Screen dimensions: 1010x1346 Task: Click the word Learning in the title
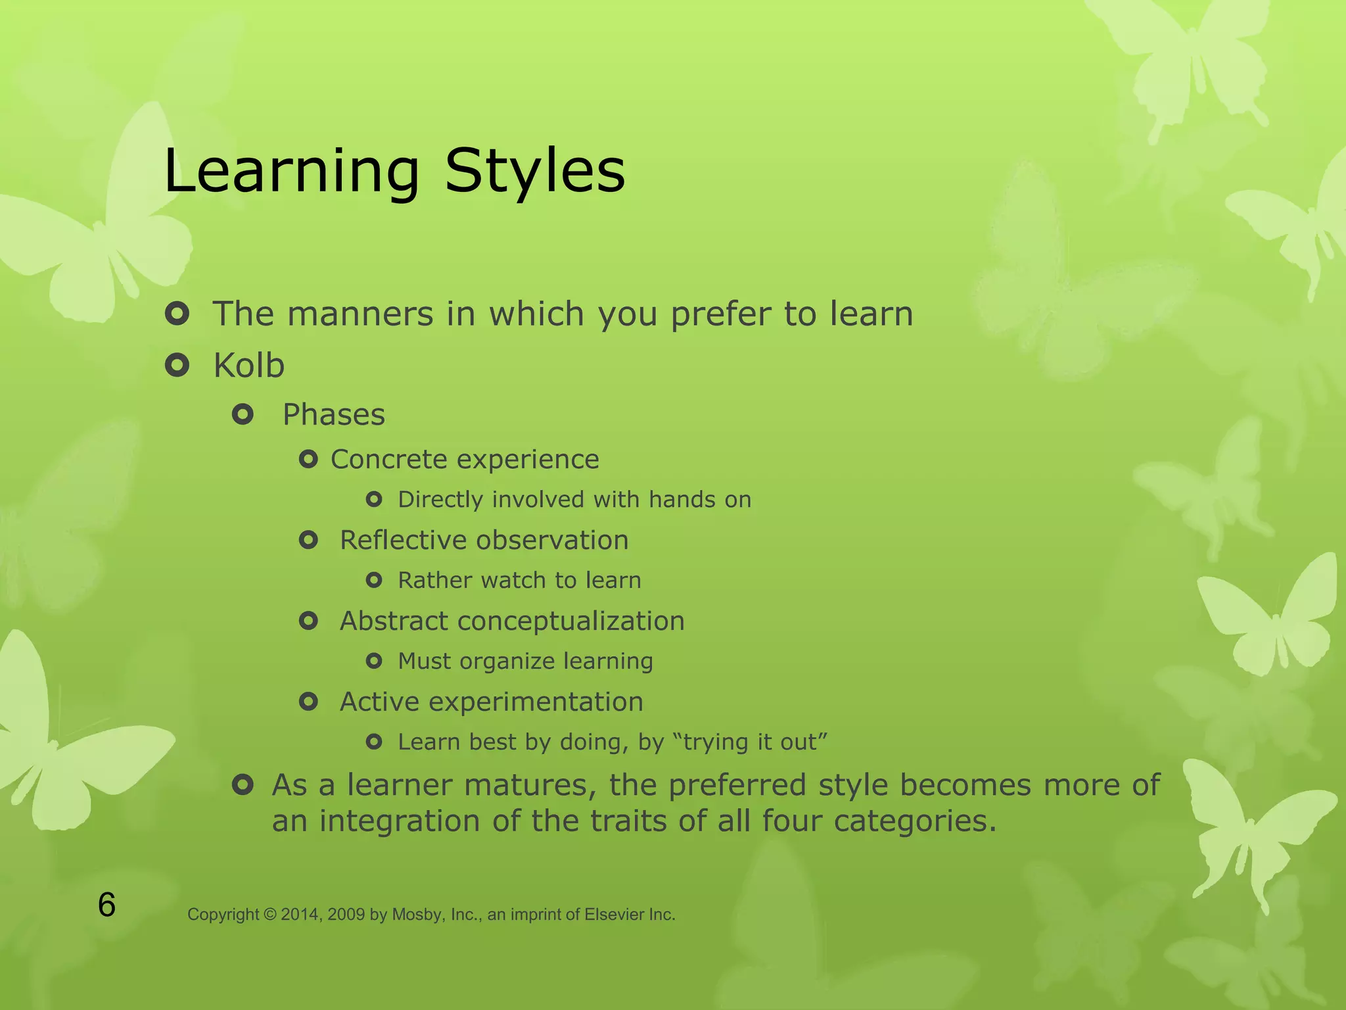click(x=291, y=172)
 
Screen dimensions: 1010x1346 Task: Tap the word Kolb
click(x=248, y=366)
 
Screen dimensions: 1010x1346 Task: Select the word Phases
click(x=333, y=415)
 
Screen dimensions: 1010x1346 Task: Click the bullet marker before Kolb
click(x=177, y=364)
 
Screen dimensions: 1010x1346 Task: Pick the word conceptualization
click(x=570, y=622)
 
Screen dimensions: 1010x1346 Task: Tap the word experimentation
click(x=536, y=702)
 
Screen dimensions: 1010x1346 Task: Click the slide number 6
click(x=106, y=905)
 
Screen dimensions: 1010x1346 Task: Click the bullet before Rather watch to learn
click(x=374, y=580)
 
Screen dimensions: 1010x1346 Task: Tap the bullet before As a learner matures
click(x=243, y=784)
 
